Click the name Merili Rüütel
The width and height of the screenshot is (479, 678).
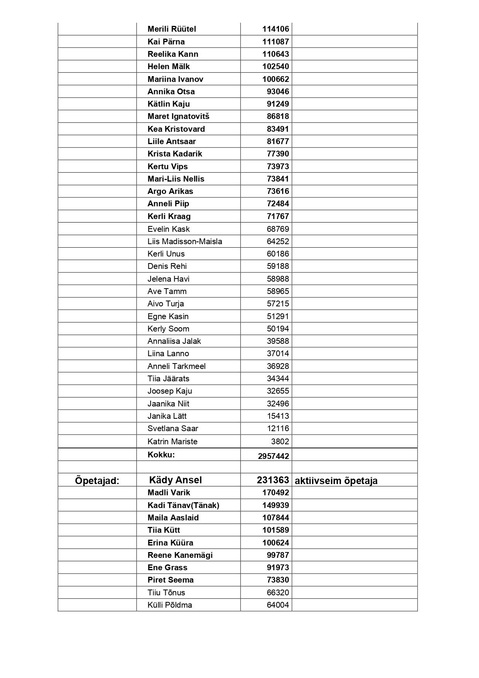click(x=172, y=29)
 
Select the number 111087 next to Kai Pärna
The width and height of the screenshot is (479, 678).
click(x=275, y=42)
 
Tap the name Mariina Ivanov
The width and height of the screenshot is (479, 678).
click(x=175, y=79)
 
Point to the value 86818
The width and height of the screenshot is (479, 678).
click(x=278, y=116)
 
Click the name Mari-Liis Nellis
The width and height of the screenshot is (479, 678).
click(x=176, y=179)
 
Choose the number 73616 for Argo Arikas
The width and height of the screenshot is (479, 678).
click(x=278, y=191)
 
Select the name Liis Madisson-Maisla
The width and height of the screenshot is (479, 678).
click(x=185, y=241)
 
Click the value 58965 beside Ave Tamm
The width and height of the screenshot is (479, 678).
click(x=278, y=291)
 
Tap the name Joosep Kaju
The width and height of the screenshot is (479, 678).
click(x=170, y=391)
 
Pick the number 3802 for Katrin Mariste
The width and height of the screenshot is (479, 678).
click(x=280, y=442)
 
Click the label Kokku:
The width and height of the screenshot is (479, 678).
click(x=161, y=455)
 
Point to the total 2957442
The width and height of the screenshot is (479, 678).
click(x=273, y=456)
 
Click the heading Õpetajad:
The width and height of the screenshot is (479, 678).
click(x=97, y=481)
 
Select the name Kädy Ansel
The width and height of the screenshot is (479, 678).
click(x=175, y=480)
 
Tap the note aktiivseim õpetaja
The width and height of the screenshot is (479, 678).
click(x=336, y=481)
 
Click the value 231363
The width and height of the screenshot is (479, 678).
click(x=273, y=480)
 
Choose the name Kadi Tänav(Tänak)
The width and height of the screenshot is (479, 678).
click(x=183, y=505)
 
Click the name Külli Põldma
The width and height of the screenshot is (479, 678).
click(x=170, y=605)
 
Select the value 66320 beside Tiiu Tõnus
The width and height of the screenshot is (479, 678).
click(x=278, y=593)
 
